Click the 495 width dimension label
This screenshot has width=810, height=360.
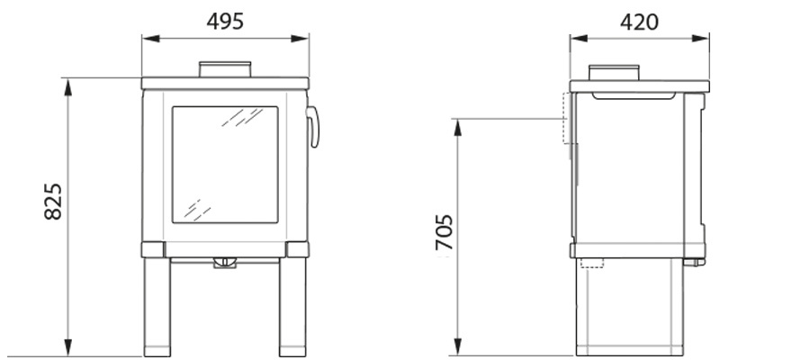click(225, 22)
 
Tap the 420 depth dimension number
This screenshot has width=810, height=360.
click(639, 22)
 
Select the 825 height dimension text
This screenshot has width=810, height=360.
click(53, 202)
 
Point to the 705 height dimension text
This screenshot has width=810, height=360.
click(445, 232)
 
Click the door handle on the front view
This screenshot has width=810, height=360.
click(314, 127)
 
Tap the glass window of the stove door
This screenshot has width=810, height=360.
click(225, 165)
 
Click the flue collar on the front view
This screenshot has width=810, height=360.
click(225, 69)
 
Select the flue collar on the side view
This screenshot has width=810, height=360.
click(614, 73)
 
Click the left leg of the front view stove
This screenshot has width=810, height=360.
click(157, 307)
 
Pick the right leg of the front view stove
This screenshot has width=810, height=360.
click(292, 307)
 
